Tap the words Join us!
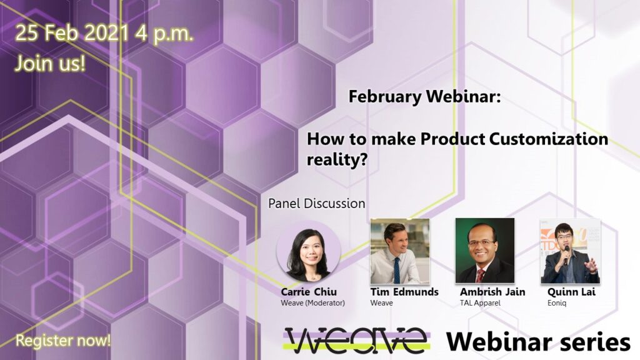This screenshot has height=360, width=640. coord(50,64)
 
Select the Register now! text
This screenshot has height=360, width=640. coord(63,341)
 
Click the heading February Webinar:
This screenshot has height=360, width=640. coord(424,97)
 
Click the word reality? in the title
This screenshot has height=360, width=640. coord(337,159)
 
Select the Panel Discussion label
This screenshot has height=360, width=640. coord(317,203)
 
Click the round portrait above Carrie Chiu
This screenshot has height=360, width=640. coord(309,251)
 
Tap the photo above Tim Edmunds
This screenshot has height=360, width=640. coord(400,251)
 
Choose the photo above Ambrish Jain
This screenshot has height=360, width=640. coord(485,251)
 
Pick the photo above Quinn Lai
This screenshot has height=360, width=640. coord(571,251)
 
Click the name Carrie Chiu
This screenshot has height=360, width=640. coord(309,292)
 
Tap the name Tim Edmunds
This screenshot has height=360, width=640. coord(404,292)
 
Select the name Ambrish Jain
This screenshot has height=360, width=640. coord(492,292)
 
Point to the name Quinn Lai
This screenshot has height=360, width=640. coord(571,292)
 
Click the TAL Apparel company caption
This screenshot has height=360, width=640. coord(481,303)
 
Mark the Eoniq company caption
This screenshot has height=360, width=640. coord(557,303)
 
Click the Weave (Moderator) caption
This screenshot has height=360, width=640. coord(312,303)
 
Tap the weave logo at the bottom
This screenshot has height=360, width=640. coord(357,341)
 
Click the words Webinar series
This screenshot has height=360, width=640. coord(538,341)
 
